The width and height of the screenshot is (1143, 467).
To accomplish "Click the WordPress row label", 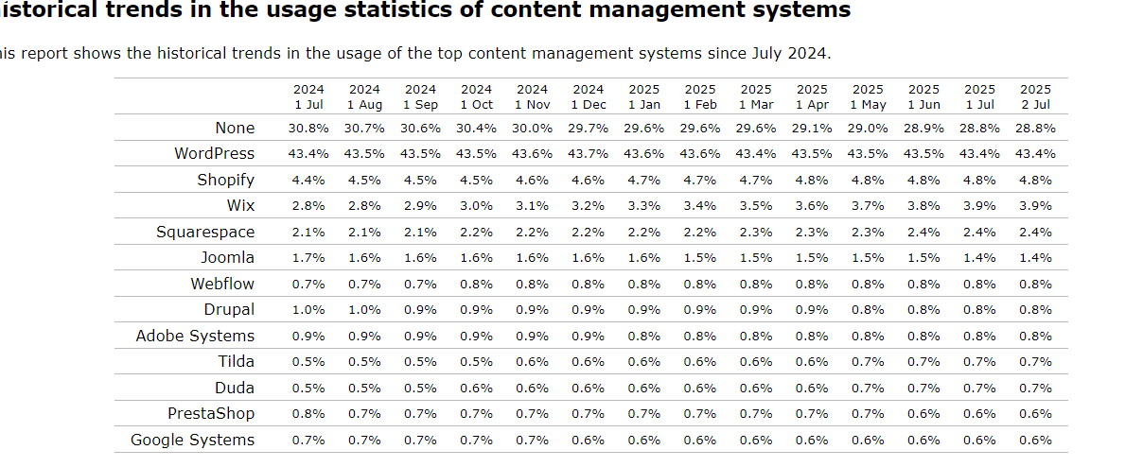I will [x=214, y=153].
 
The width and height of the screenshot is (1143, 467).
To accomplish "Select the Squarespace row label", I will [x=205, y=232].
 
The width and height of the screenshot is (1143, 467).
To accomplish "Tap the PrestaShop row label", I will [x=211, y=413].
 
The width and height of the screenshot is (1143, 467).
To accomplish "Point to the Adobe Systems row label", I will [x=195, y=336].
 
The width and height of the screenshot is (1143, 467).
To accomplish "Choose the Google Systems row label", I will [x=192, y=440].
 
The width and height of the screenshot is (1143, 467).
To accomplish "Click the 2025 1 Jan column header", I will [x=643, y=96].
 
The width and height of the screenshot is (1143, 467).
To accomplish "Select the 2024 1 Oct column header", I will [x=476, y=96].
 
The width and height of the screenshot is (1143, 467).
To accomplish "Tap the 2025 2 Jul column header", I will [x=1035, y=96].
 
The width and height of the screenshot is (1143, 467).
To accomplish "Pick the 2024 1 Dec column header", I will [x=588, y=96].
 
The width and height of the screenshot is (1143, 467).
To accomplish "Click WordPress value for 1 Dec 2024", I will [x=588, y=154].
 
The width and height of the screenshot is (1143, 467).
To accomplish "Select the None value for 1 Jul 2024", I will [x=308, y=128].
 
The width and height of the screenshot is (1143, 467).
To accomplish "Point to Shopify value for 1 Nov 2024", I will [x=532, y=180].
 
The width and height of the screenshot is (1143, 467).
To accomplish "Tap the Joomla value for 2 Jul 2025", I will [x=1035, y=258].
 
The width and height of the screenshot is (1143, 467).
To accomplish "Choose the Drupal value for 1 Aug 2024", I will [x=363, y=310].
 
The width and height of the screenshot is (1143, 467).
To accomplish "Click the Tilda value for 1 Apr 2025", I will [x=811, y=362].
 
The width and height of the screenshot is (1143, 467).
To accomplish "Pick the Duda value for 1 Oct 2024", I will [x=476, y=388].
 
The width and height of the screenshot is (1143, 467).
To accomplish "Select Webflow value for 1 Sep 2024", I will [x=420, y=284].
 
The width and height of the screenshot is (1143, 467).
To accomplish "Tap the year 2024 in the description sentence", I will [x=810, y=53].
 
